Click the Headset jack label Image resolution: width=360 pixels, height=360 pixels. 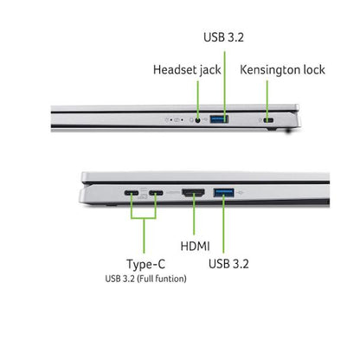[x=187, y=70]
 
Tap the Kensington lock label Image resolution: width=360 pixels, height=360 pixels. [x=282, y=70]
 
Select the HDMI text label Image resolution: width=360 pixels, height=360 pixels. [x=195, y=247]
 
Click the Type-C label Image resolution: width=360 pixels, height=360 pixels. [x=146, y=265]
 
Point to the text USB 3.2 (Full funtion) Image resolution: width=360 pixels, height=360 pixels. [x=145, y=279]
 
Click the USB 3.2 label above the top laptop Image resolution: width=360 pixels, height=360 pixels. [x=223, y=37]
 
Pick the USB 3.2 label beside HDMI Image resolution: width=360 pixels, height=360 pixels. [x=228, y=264]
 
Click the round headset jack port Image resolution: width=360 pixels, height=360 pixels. [x=197, y=119]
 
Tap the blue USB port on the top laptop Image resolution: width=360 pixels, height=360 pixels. [x=219, y=119]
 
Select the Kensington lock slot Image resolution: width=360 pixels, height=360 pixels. [x=268, y=120]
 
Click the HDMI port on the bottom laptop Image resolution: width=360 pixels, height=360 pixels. [x=193, y=192]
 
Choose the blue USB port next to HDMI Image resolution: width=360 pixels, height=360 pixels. [x=223, y=192]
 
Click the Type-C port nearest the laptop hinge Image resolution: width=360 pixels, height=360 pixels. [x=132, y=193]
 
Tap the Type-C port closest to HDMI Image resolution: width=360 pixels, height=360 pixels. [x=156, y=193]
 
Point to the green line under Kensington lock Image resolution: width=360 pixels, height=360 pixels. [x=267, y=100]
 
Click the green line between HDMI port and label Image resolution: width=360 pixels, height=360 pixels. [x=194, y=214]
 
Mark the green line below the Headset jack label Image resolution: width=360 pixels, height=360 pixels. [x=197, y=100]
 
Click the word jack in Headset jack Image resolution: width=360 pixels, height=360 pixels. [x=210, y=71]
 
